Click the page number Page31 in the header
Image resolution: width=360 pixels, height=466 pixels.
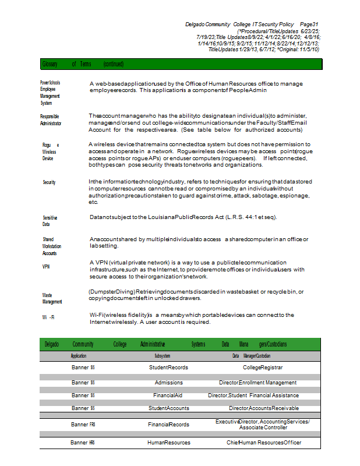click(x=308, y=24)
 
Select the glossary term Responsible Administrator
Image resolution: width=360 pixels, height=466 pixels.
click(x=50, y=120)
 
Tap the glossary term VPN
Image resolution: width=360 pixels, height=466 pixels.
click(x=46, y=266)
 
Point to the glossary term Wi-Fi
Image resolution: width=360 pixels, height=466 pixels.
click(x=48, y=317)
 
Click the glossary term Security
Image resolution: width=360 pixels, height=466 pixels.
click(x=49, y=182)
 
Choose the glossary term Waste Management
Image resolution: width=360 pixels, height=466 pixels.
click(x=52, y=298)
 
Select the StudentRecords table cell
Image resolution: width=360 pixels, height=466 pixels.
click(x=168, y=368)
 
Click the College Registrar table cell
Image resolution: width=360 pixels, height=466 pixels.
click(x=263, y=368)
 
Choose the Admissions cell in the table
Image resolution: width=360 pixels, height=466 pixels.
click(x=168, y=383)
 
